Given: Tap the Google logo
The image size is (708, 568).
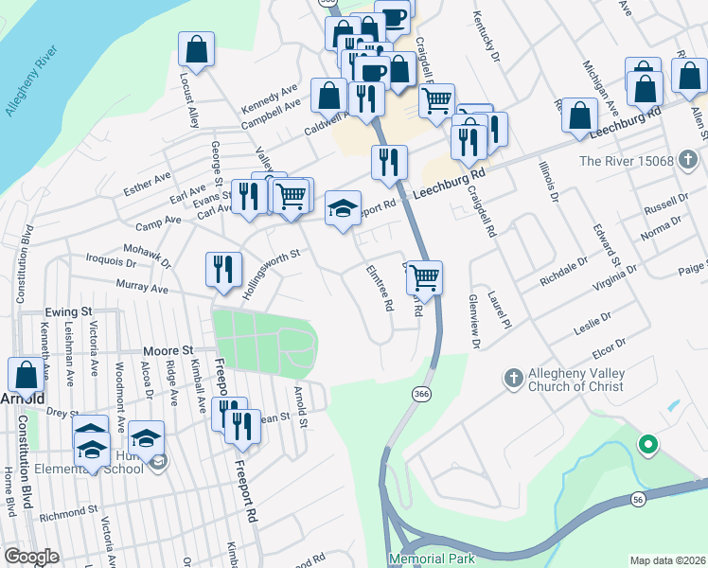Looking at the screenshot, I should (30, 557).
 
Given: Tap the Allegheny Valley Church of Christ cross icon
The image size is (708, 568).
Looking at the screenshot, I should (513, 379).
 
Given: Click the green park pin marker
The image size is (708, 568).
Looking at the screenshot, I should (648, 443).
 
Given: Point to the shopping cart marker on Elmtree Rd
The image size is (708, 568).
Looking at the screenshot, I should (425, 277).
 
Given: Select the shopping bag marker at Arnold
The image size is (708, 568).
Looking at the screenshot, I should (27, 375).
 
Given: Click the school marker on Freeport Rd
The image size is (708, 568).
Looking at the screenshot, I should (343, 207).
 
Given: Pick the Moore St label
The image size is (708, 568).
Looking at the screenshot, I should (168, 349).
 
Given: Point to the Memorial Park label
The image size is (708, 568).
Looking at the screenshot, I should (432, 559).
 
